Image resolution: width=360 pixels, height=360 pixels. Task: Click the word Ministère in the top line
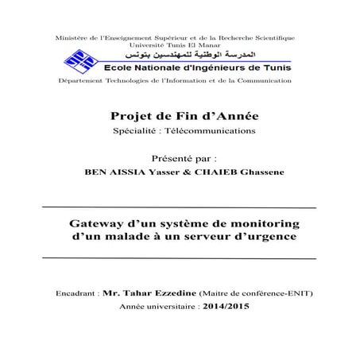pyautogui.click(x=66, y=39)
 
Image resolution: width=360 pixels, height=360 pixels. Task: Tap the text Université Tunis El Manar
pyautogui.click(x=174, y=46)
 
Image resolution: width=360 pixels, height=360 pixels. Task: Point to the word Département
pyautogui.click(x=80, y=81)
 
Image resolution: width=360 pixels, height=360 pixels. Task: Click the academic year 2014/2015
pyautogui.click(x=226, y=306)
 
